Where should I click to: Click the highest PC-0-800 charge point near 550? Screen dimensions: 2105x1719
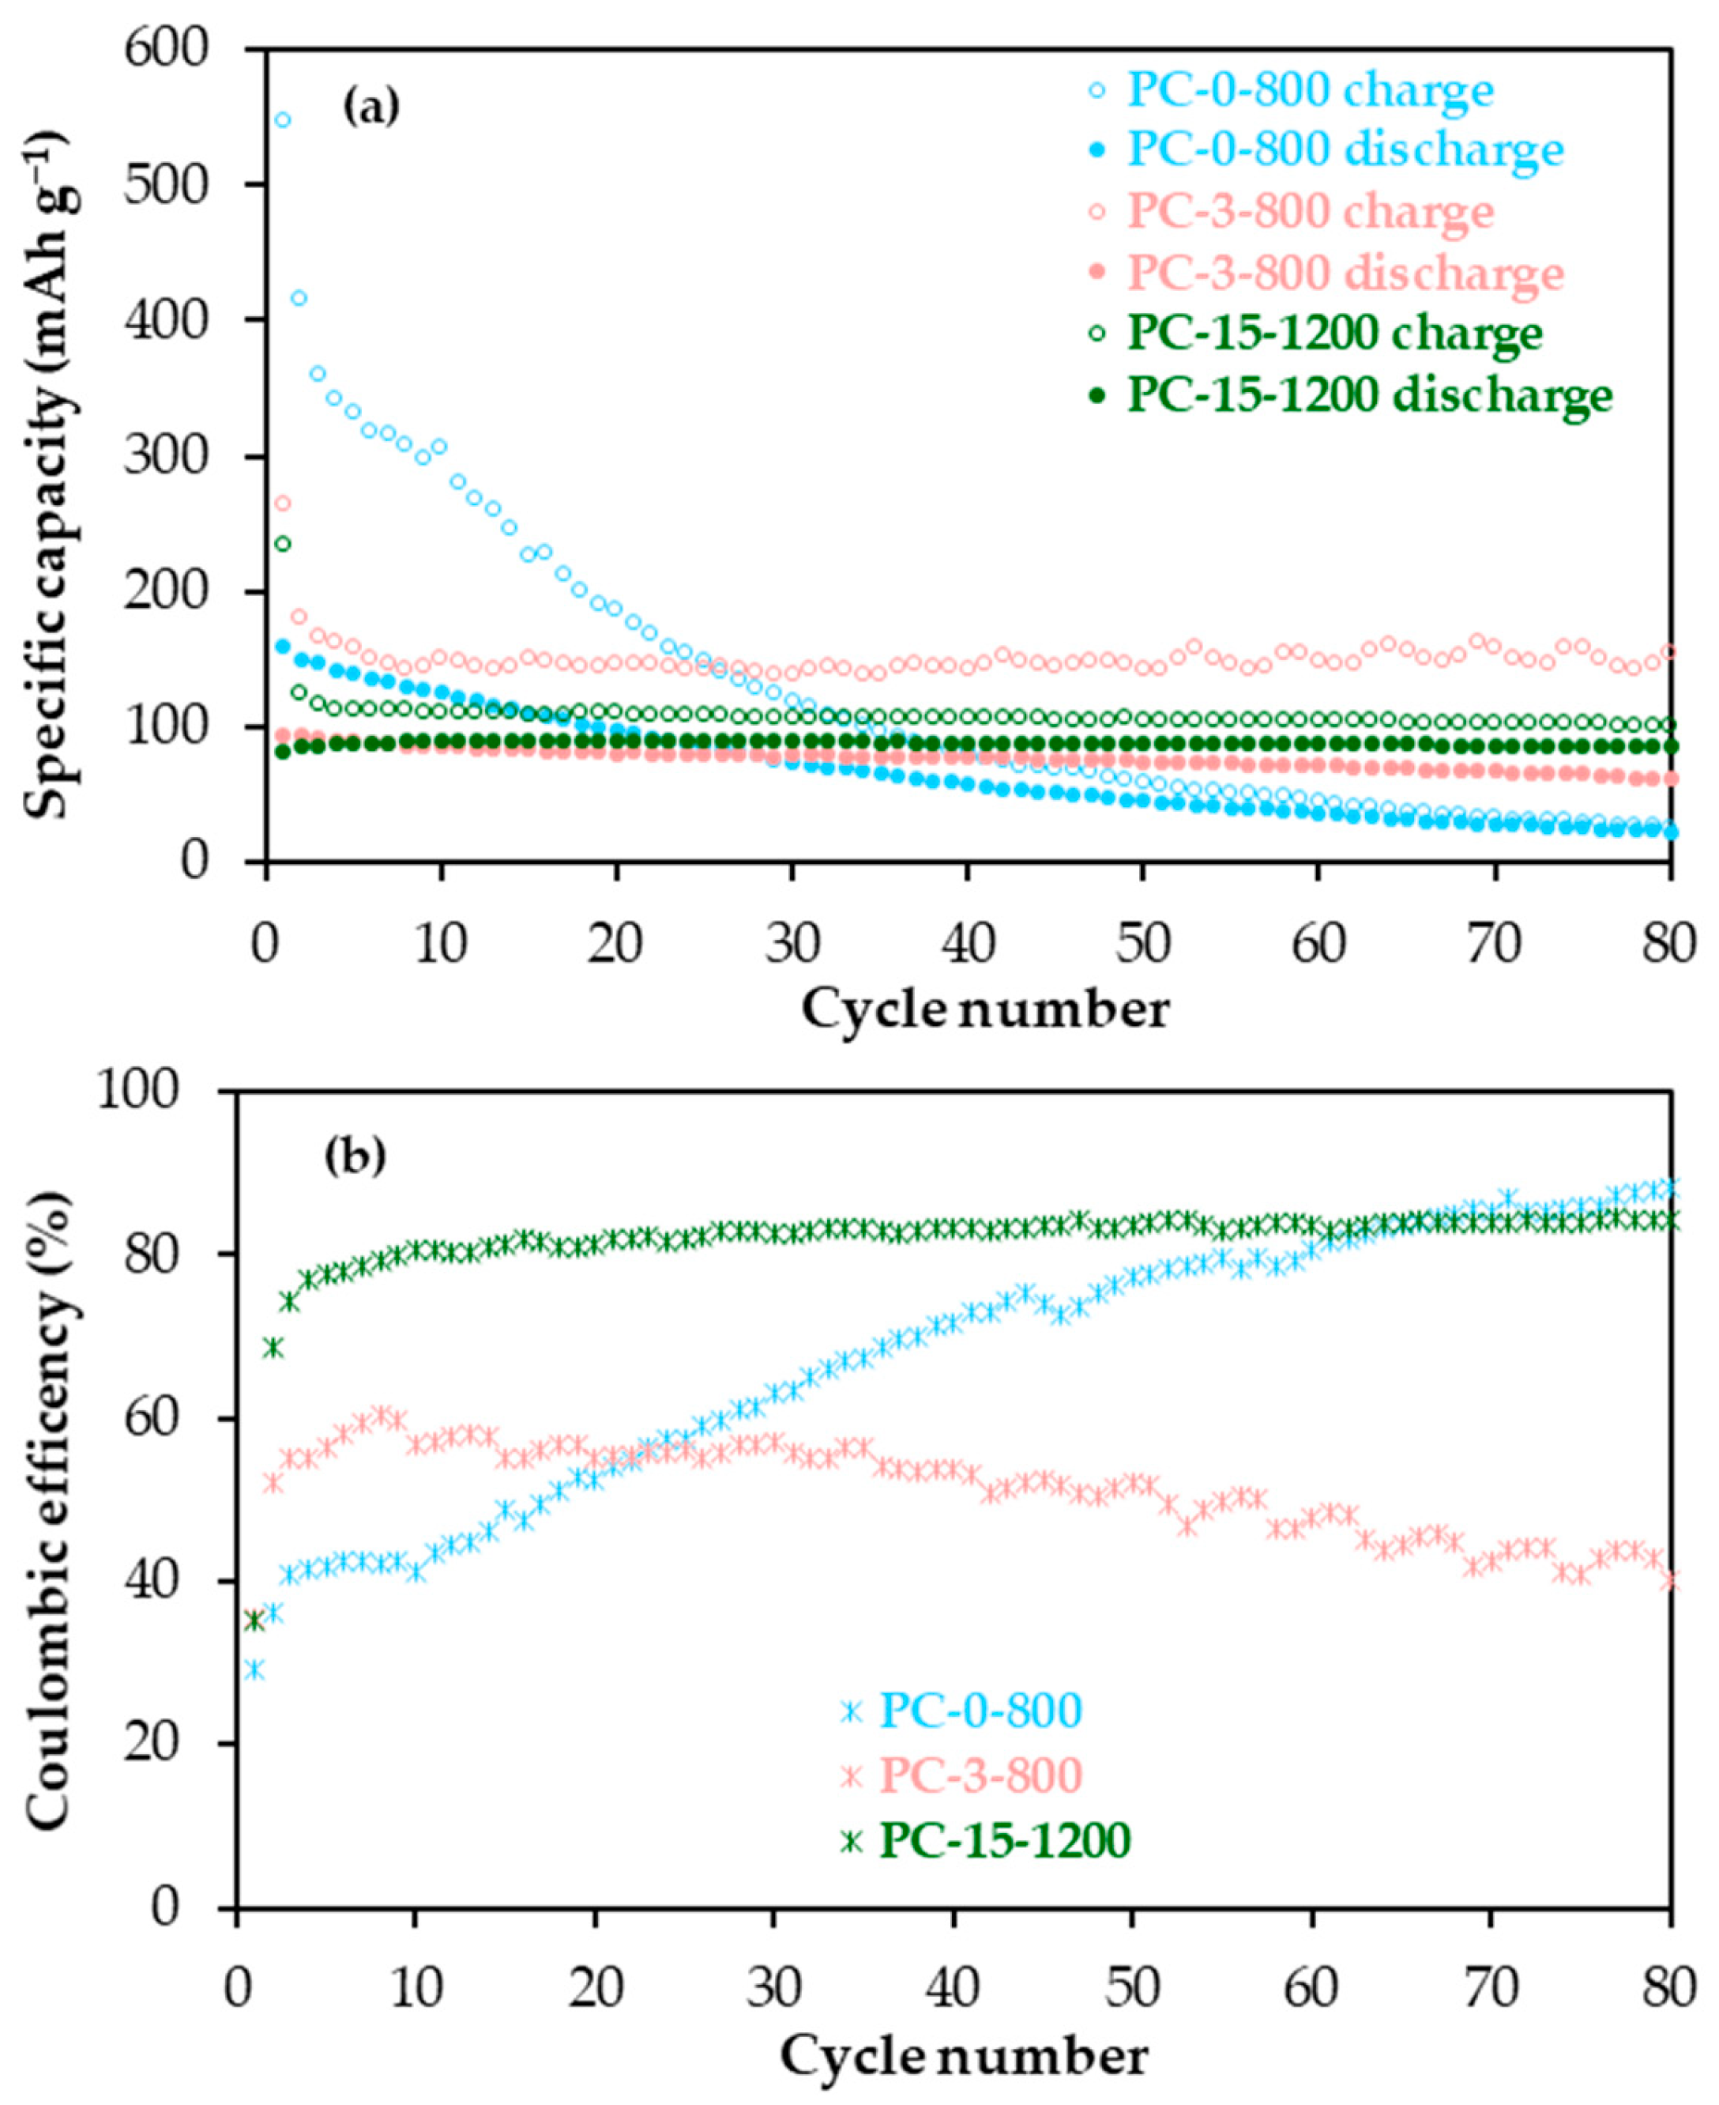tap(282, 120)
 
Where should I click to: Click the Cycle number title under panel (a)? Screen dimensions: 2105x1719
tap(985, 1010)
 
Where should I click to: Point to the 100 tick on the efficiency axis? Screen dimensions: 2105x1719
tap(149, 1092)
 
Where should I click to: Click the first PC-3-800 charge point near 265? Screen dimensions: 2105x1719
tap(282, 504)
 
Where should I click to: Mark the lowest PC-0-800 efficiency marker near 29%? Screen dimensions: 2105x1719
tap(254, 1669)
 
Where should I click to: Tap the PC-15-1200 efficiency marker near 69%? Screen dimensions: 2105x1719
tap(273, 1347)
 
